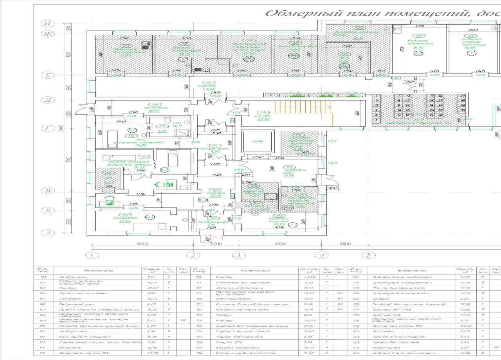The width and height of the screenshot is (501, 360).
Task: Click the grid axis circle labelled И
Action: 47,23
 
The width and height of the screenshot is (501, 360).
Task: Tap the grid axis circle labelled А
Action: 47,233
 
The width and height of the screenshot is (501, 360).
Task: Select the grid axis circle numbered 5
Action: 368,255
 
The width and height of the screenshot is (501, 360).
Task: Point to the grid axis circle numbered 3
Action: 238,255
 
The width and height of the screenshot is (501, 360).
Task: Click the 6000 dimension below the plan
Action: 143,244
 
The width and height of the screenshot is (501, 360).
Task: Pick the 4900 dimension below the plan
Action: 280,244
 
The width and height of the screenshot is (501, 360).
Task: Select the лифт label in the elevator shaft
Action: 258,141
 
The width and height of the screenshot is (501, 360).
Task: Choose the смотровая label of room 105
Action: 126,218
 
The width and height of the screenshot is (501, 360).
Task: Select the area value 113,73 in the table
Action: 307,320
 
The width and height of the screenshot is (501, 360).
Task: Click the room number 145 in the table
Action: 355,353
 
